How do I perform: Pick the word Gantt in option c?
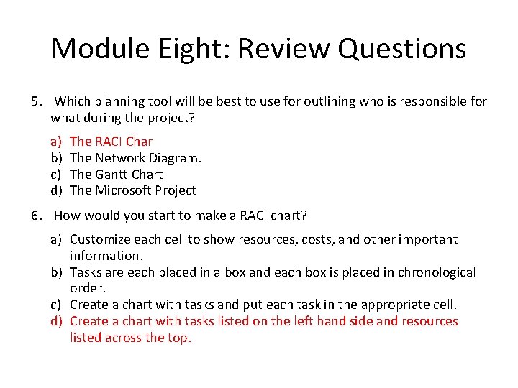tap(114, 175)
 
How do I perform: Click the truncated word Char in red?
tap(139, 142)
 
